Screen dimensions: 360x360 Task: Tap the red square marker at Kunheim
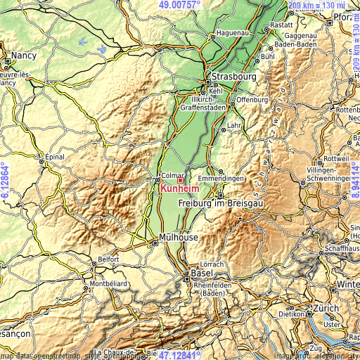tap(180, 180)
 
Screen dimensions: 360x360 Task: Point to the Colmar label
tap(173, 176)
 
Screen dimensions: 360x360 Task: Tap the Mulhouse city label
tap(179, 238)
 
